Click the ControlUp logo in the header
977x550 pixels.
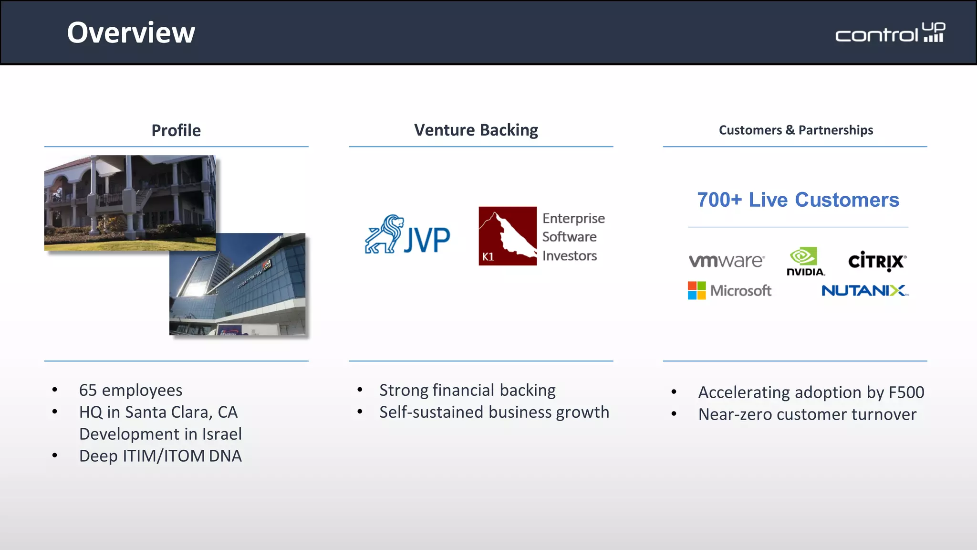890,33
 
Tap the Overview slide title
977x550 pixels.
131,33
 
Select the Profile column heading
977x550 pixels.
176,130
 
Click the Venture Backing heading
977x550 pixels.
476,130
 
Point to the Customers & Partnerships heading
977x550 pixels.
796,130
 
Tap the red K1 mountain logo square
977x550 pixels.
508,236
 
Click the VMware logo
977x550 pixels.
726,261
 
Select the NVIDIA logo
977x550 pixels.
805,262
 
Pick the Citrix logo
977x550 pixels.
877,261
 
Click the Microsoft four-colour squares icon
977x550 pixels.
696,290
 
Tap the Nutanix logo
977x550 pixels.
864,290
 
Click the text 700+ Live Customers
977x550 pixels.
798,200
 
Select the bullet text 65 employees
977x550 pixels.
130,390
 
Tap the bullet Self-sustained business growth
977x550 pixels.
494,412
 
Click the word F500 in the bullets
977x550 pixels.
906,392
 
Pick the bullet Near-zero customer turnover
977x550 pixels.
807,414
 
